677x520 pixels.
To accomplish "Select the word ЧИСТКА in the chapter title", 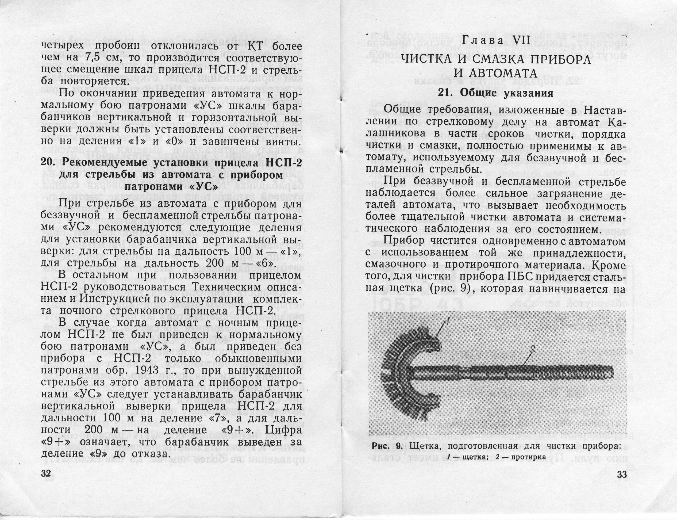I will point(432,60).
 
